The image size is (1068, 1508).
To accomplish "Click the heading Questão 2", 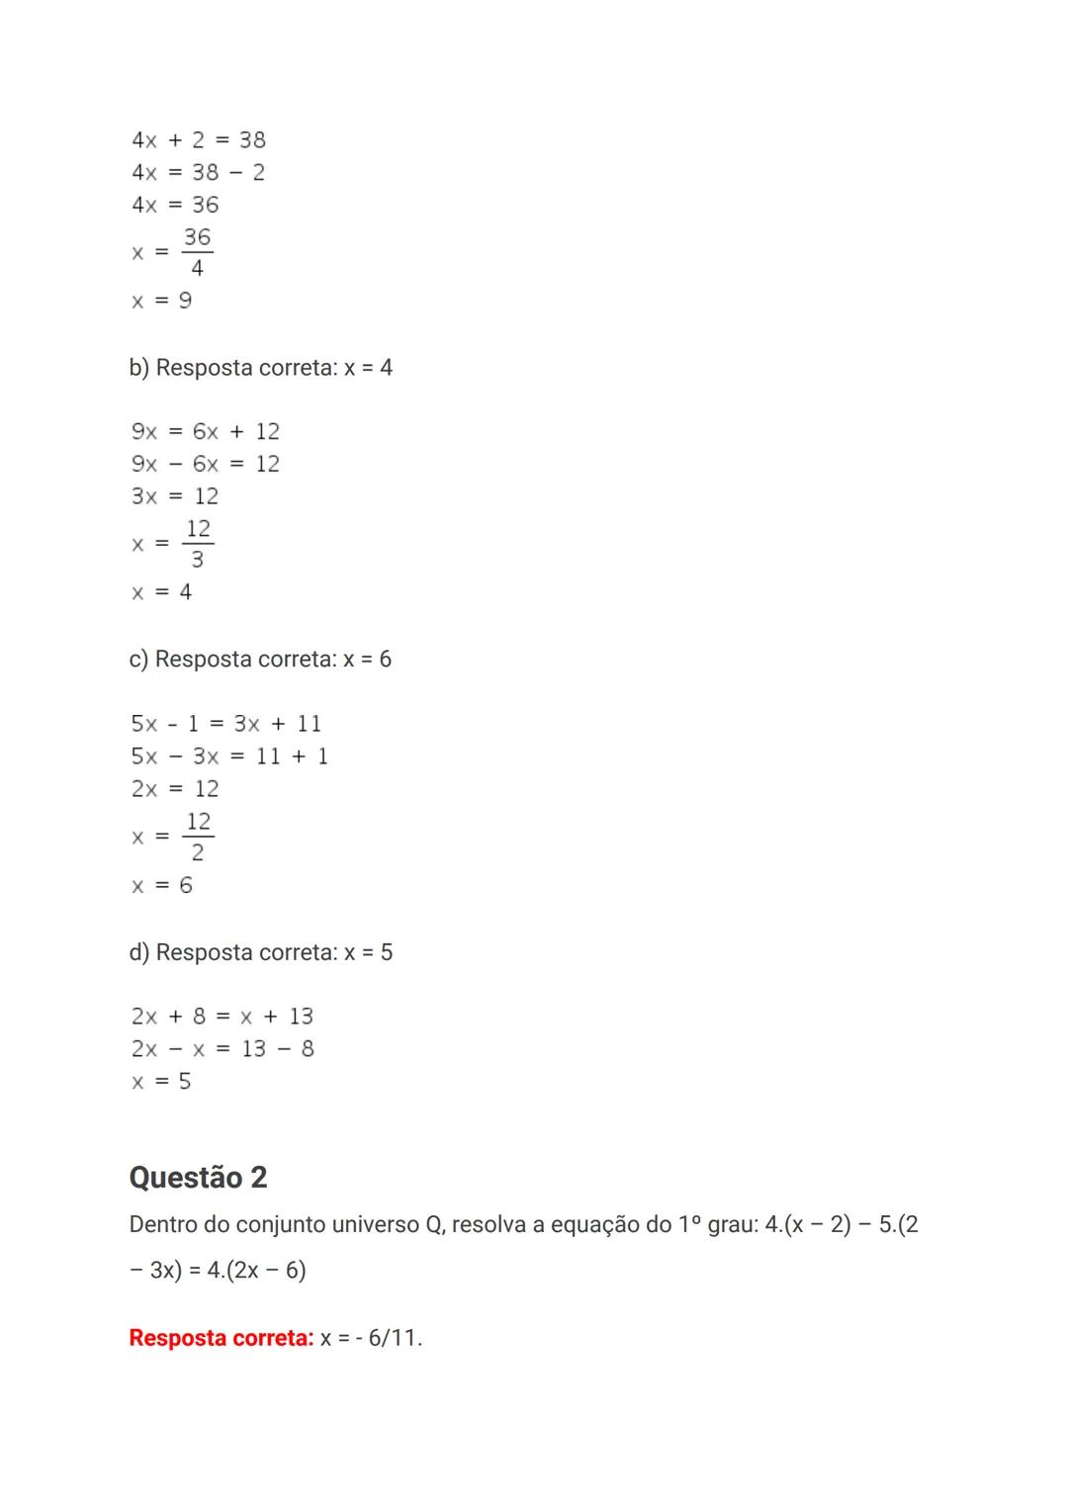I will (198, 1177).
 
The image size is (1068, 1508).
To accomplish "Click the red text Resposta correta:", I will (221, 1338).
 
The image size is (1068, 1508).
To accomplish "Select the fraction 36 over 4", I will (197, 252).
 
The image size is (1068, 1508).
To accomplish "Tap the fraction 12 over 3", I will (198, 544).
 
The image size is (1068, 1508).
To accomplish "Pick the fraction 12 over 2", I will (198, 837).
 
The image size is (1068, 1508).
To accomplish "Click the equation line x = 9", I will (162, 301).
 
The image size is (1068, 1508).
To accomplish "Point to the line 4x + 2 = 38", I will (198, 140).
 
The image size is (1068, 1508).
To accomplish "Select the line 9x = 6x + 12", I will (206, 432).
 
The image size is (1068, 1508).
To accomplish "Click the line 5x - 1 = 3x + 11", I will (225, 724).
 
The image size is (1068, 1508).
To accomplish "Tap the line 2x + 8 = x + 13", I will (222, 1017).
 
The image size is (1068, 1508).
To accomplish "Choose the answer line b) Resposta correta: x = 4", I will (260, 368).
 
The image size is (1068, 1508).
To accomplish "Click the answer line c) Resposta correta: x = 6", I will (260, 660).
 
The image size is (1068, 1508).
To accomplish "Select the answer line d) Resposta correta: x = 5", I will (260, 952).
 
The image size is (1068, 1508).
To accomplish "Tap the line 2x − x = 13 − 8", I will (222, 1049).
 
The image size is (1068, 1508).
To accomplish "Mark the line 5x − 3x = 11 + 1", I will (229, 756).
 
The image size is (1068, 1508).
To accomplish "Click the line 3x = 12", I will (175, 496).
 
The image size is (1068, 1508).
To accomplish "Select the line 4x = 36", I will (175, 205).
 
